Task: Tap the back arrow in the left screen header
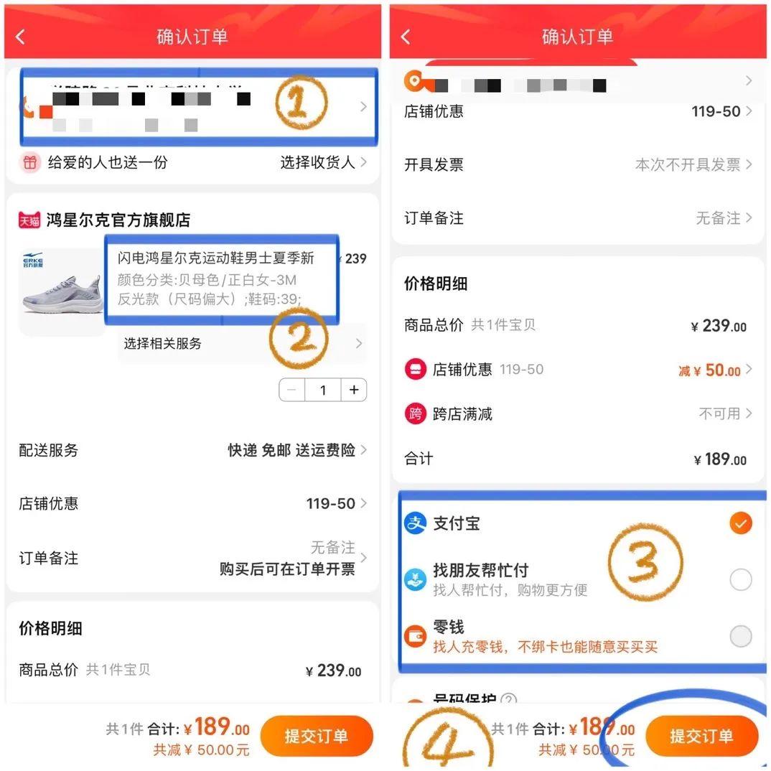20,37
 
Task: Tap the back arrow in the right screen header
406,37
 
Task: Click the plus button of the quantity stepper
354,390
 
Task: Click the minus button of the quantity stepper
291,390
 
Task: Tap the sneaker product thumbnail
62,291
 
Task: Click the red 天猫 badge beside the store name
29,220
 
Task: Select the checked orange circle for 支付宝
740,523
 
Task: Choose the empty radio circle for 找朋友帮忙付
740,579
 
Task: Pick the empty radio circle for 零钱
740,636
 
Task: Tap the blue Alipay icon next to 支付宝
416,523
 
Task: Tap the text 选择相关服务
163,344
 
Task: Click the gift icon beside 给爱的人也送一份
29,163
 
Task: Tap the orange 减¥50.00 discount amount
709,370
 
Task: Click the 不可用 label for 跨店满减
719,414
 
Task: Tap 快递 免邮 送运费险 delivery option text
291,451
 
